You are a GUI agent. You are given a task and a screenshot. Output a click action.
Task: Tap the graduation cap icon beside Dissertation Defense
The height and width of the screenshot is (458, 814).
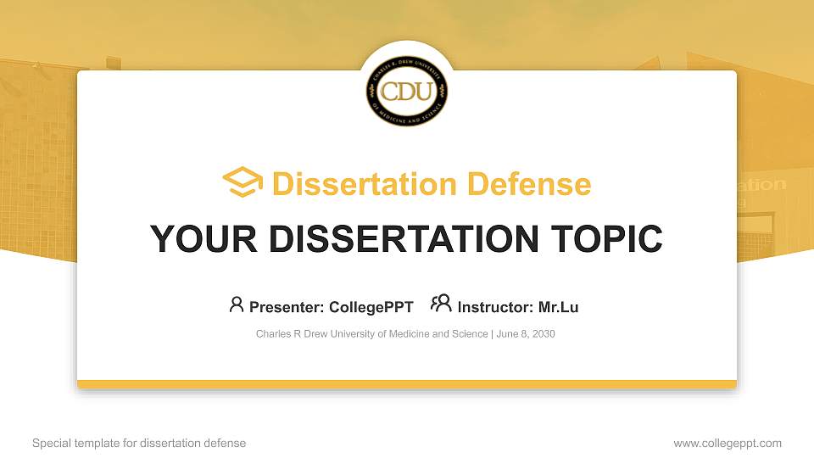pos(243,183)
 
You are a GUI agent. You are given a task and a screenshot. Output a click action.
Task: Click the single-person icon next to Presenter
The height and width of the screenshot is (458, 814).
pos(237,304)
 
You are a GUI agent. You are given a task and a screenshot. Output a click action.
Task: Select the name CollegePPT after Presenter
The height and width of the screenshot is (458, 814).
pos(371,307)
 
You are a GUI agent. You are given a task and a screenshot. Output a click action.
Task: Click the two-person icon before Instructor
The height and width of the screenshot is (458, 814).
pos(441,304)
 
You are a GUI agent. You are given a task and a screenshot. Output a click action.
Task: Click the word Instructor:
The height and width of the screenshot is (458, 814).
pos(495,307)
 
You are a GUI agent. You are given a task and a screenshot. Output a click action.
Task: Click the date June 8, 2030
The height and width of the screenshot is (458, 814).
pos(526,334)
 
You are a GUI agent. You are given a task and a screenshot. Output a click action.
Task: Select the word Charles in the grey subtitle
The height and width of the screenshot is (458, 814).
pos(272,334)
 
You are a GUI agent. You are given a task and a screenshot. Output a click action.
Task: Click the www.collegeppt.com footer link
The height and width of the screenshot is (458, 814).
pos(728,443)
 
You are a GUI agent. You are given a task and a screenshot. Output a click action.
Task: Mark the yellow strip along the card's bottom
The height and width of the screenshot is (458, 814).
pos(407,384)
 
